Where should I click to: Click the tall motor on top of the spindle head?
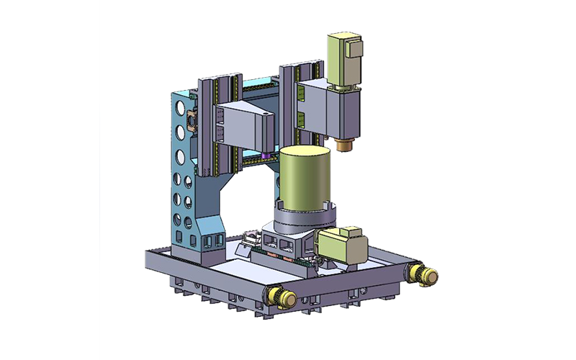click(x=344, y=57)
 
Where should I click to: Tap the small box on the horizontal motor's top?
click(x=353, y=230)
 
